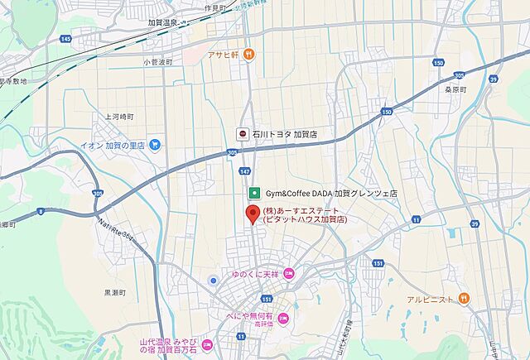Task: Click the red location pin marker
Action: coord(253,214)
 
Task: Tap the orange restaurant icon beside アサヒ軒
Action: coord(249,55)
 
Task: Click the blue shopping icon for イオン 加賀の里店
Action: coord(155,145)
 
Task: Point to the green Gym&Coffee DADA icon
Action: coord(255,193)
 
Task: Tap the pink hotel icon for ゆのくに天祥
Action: coord(288,273)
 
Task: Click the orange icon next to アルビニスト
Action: coord(464,297)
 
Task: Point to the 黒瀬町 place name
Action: coord(116,293)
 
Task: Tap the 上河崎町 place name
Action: coord(121,117)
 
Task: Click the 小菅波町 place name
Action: coord(157,62)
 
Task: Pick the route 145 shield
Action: coord(66,39)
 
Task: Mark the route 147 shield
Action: coord(244,170)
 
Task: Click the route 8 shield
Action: coord(41,211)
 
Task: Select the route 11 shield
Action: coord(240,337)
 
